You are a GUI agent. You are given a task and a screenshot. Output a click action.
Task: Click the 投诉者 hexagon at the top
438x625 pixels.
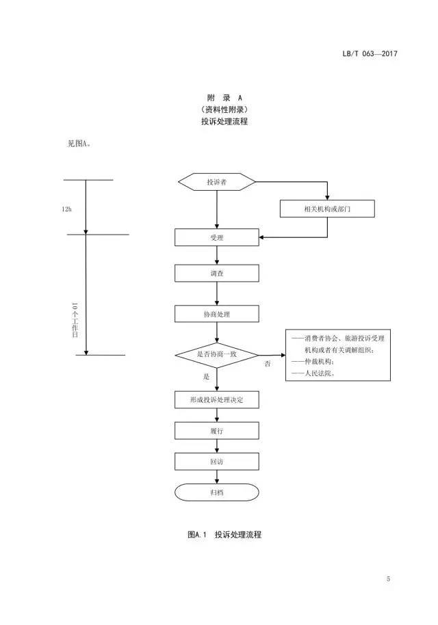tap(217, 182)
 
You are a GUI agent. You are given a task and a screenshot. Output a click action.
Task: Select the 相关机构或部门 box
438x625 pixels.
tap(327, 209)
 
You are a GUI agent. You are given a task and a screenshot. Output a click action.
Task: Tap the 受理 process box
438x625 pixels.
tap(217, 237)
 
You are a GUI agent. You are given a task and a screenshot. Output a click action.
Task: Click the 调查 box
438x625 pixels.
tap(217, 273)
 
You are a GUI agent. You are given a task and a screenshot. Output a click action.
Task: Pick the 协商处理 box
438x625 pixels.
tap(217, 314)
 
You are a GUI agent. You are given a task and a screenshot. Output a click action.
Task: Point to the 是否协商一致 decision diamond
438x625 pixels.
tap(217, 354)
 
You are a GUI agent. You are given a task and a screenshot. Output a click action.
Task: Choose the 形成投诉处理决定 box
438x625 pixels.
tap(217, 399)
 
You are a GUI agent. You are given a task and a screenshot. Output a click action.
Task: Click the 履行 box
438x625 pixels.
tap(217, 430)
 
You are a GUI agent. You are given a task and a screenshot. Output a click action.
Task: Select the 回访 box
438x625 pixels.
tap(217, 462)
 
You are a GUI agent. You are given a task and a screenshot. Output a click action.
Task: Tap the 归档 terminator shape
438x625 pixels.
tap(217, 492)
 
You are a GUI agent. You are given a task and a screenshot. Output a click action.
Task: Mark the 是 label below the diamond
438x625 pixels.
tap(206, 376)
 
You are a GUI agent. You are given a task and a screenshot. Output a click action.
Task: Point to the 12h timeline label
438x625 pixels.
tap(66, 209)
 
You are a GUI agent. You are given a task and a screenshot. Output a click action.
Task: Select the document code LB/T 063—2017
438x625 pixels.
tap(369, 54)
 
